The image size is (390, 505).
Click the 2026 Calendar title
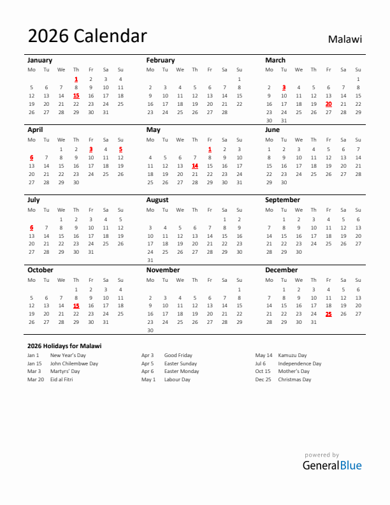pyautogui.click(x=87, y=36)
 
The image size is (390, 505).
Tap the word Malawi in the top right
pyautogui.click(x=345, y=39)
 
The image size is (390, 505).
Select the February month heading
pyautogui.click(x=160, y=60)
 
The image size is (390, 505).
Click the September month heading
pyautogui.click(x=282, y=200)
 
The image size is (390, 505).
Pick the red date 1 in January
pyautogui.click(x=76, y=79)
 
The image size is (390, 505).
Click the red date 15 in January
pyautogui.click(x=76, y=96)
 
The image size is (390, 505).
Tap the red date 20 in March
pyautogui.click(x=328, y=104)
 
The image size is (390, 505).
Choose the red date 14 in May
pyautogui.click(x=195, y=166)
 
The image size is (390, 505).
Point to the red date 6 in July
pyautogui.click(x=31, y=227)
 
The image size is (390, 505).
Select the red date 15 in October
pyautogui.click(x=76, y=305)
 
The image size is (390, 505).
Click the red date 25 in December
pyautogui.click(x=328, y=314)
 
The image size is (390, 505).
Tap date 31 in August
pyautogui.click(x=150, y=260)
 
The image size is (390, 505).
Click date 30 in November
pyautogui.click(x=150, y=330)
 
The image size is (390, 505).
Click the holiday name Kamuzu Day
pyautogui.click(x=292, y=355)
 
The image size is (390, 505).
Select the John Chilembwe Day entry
pyautogui.click(x=74, y=363)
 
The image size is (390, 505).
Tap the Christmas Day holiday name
pyautogui.click(x=294, y=379)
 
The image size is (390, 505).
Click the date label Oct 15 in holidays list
pyautogui.click(x=263, y=371)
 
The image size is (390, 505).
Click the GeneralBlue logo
pyautogui.click(x=331, y=465)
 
